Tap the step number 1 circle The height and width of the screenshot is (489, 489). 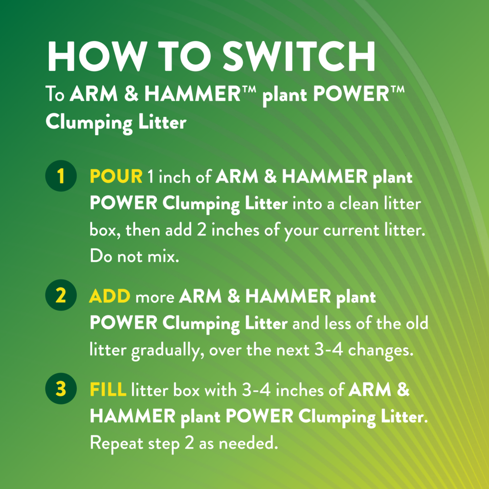tap(60, 177)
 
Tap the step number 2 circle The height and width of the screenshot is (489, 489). tap(60, 296)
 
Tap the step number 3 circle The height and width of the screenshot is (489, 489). tap(60, 390)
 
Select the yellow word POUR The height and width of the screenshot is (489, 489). tap(116, 177)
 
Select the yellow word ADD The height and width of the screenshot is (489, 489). tap(110, 297)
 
